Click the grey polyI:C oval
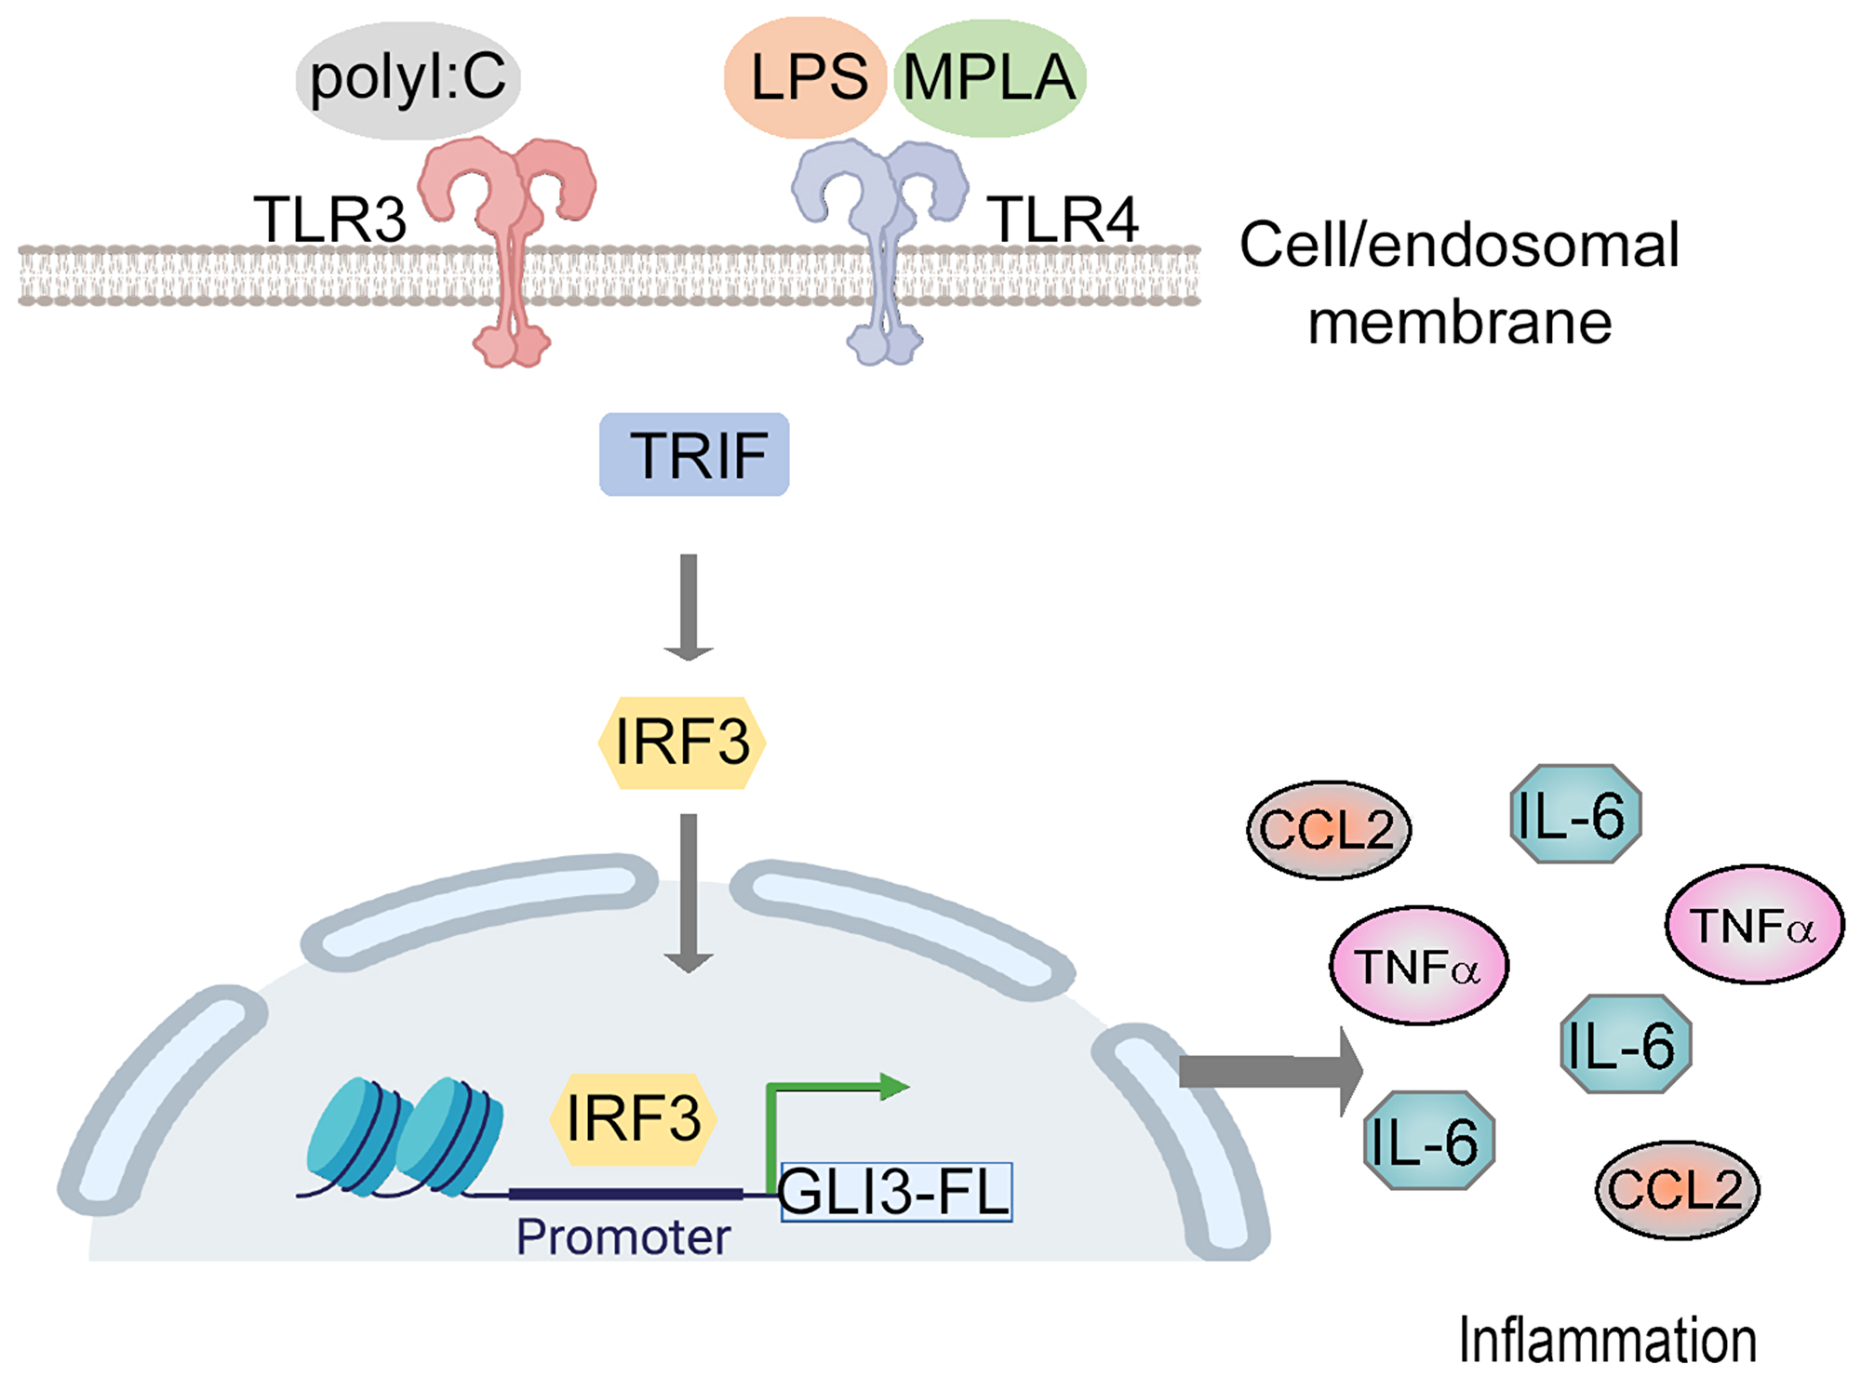click(x=408, y=79)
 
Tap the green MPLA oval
click(x=990, y=77)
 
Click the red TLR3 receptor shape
click(x=508, y=242)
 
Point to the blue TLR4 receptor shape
click(x=880, y=242)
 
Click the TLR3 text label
click(x=329, y=221)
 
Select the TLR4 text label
click(x=1063, y=221)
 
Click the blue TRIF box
click(x=694, y=454)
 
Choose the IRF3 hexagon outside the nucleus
click(x=682, y=742)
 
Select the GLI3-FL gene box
click(x=895, y=1192)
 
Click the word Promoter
click(x=623, y=1237)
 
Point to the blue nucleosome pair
click(x=406, y=1137)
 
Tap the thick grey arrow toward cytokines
click(x=1270, y=1072)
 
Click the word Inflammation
click(x=1607, y=1341)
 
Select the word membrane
click(x=1459, y=323)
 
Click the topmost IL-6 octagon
click(x=1574, y=815)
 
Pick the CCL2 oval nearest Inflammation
click(x=1677, y=1190)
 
